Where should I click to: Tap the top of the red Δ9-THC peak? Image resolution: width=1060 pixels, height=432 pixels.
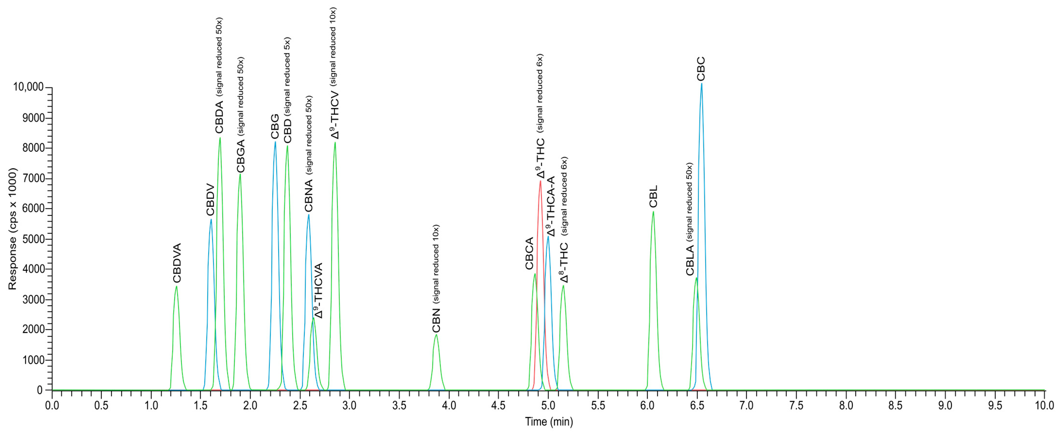coord(540,181)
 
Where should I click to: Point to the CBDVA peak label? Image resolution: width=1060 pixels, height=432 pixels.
coord(177,263)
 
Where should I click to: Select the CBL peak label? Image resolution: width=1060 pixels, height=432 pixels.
coord(653,197)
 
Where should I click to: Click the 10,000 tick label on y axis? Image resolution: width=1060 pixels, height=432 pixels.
coord(28,87)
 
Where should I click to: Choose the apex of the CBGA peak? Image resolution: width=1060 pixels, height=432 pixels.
coord(240,174)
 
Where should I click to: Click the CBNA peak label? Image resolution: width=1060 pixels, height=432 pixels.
coord(309,195)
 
